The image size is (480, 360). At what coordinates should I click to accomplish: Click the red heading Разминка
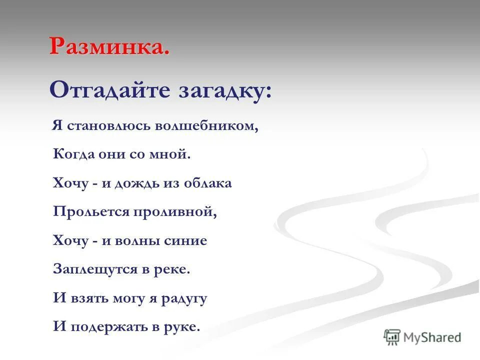(x=109, y=47)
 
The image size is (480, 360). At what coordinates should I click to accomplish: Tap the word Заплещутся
(x=94, y=270)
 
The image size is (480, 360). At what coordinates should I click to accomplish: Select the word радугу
(x=184, y=299)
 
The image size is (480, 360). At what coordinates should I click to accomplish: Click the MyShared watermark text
(x=432, y=337)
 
